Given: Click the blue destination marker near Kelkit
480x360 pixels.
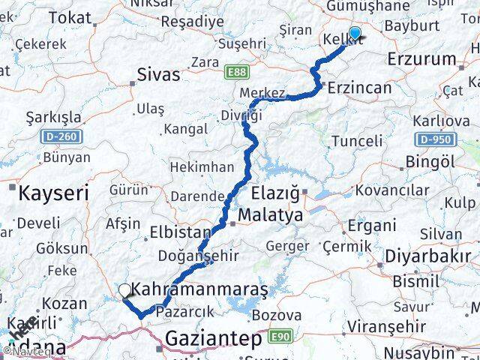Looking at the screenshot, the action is point(354,32).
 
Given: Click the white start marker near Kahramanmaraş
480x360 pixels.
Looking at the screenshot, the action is point(124,289).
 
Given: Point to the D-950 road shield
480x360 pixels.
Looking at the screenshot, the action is point(433,139).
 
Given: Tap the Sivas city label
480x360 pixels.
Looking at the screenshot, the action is point(159,74).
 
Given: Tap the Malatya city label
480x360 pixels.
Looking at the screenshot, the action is point(271,216).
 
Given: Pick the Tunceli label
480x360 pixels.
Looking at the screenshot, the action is point(356,141).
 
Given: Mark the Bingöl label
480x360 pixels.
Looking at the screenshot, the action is point(430,161).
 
